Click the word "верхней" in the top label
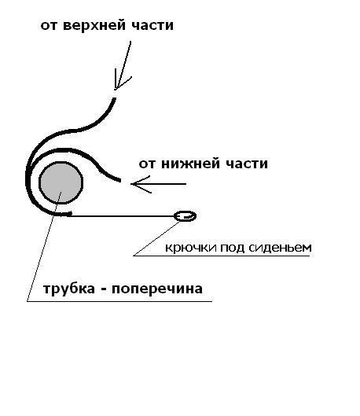tap(94, 26)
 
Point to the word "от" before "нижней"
tap(148, 164)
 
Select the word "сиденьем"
tap(280, 248)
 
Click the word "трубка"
tap(69, 289)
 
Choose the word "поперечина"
tap(157, 289)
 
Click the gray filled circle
tap(61, 182)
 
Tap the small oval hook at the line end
tap(185, 216)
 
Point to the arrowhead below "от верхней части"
tap(119, 83)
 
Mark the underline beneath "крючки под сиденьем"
tap(222, 256)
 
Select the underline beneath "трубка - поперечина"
tap(119, 301)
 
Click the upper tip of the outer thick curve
tap(115, 98)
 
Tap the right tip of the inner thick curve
tap(120, 180)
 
